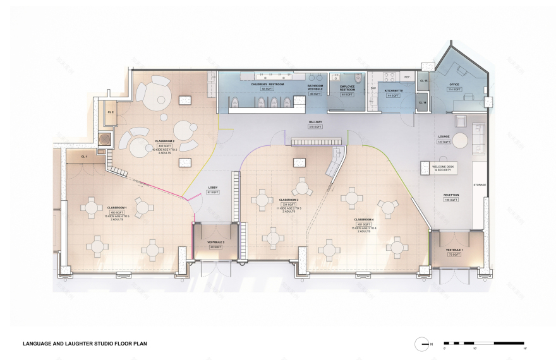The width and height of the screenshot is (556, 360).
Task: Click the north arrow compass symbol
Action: click(422, 344)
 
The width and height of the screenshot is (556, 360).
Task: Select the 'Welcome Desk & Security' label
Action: click(442, 168)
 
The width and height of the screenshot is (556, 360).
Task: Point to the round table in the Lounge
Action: click(460, 140)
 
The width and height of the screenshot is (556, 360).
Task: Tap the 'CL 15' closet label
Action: click(425, 81)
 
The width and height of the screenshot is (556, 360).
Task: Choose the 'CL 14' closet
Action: click(423, 102)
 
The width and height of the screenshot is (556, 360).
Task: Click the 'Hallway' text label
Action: click(315, 122)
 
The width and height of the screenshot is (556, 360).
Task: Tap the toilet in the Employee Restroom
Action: click(358, 78)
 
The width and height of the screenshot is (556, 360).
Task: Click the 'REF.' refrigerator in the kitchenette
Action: click(406, 77)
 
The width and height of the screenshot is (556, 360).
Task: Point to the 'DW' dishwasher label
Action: click(373, 88)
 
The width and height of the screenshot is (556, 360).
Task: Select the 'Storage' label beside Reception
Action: click(480, 184)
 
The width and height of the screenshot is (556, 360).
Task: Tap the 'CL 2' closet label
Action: click(110, 112)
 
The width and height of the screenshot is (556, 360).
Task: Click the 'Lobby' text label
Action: click(213, 188)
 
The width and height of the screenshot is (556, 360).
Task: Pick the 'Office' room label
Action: click(454, 84)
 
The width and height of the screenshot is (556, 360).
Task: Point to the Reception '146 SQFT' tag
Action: click(450, 200)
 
